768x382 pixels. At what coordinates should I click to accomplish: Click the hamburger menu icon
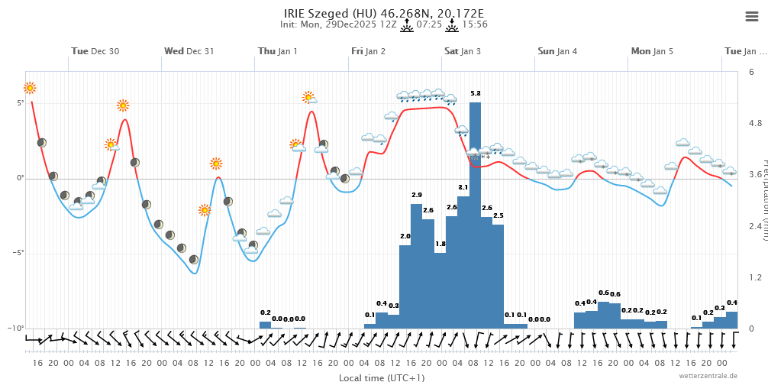click(751, 17)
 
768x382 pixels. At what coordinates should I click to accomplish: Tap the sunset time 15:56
click(475, 24)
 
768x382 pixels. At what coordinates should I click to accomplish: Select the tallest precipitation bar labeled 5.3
click(475, 214)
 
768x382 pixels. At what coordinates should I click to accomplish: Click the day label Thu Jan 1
click(278, 51)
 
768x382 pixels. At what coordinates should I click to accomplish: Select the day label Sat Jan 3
click(463, 51)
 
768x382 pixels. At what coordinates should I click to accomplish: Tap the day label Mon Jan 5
click(652, 51)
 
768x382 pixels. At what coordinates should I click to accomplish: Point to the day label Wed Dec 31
click(189, 51)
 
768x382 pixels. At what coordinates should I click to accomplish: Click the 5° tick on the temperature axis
click(21, 102)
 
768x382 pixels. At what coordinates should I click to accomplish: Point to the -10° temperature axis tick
click(18, 328)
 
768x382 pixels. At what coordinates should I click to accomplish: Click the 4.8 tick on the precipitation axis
click(754, 123)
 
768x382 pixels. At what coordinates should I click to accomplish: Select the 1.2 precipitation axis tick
click(754, 277)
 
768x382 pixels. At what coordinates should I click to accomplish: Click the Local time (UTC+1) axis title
click(382, 377)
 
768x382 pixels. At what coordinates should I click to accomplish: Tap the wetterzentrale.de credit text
click(708, 376)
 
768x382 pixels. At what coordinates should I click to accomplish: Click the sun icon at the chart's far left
click(30, 88)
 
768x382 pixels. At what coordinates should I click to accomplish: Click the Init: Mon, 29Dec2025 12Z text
click(338, 24)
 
